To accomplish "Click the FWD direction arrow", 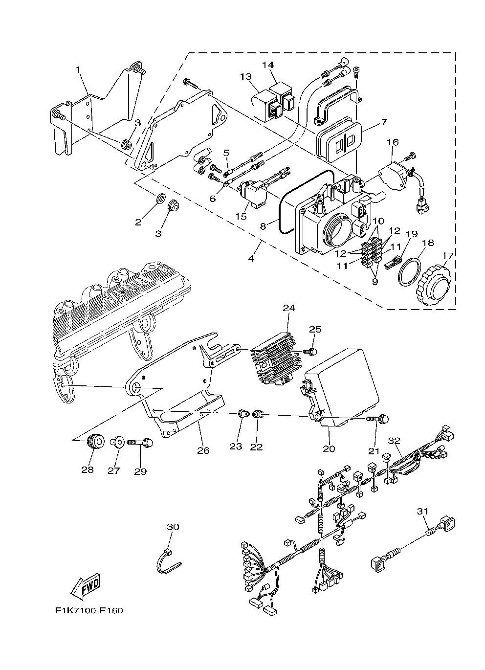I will (x=86, y=585).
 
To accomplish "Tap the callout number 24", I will (x=289, y=308).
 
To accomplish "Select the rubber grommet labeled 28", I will (x=94, y=442).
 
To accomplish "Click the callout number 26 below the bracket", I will (x=203, y=450).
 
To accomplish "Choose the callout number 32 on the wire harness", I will (x=394, y=440).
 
